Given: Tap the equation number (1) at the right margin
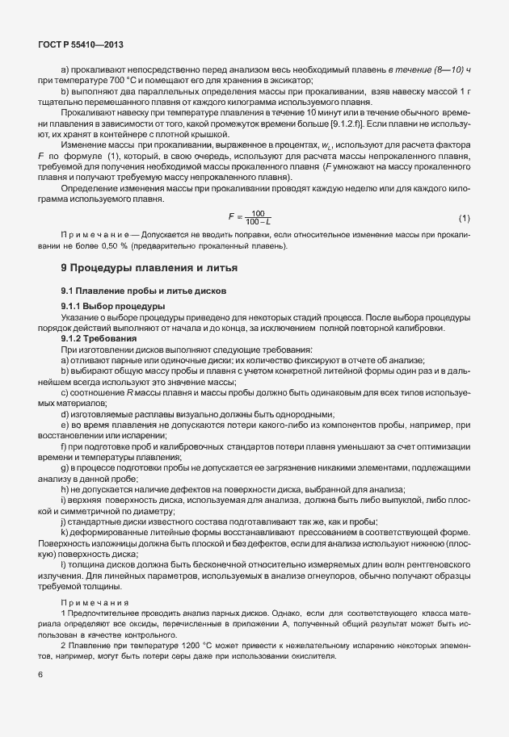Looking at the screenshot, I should [x=464, y=219].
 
